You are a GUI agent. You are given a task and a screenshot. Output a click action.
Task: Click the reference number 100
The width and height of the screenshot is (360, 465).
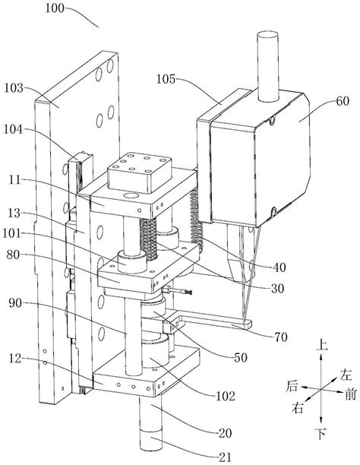coord(55,8)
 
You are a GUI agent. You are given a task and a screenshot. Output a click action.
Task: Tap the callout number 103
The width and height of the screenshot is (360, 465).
coord(14,88)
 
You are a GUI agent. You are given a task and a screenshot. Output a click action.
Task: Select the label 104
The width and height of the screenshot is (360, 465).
coord(13,130)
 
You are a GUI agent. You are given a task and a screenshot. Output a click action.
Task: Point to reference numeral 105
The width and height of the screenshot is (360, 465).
coord(166,79)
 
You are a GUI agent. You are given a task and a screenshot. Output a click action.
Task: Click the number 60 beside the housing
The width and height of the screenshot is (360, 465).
coord(343,101)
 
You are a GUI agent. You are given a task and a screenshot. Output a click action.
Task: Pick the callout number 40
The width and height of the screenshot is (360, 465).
coord(279,267)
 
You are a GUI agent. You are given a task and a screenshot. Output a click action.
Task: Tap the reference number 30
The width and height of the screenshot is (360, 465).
coord(277,288)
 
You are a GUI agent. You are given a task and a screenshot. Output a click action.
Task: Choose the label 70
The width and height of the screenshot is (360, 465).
coord(280,337)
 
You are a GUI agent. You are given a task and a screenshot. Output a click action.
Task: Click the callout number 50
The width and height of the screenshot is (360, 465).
coord(241,358)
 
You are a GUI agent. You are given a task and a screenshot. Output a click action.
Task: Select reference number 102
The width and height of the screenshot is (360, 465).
coord(226,396)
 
